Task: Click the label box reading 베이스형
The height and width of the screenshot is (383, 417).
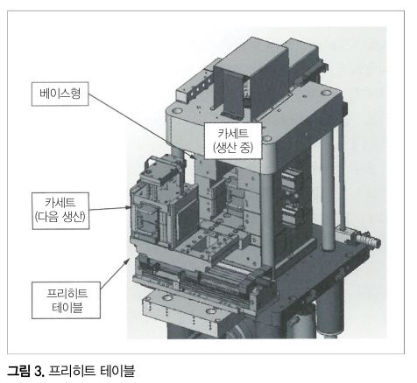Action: click(x=60, y=94)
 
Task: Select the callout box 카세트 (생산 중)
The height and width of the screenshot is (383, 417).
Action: click(x=233, y=141)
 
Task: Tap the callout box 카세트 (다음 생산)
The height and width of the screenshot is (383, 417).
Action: click(x=60, y=211)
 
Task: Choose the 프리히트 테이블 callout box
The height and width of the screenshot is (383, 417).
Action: click(x=67, y=300)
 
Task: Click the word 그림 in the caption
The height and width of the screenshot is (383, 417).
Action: click(x=18, y=371)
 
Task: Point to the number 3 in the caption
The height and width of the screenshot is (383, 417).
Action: click(x=39, y=372)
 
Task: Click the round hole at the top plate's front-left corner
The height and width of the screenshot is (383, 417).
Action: click(x=176, y=111)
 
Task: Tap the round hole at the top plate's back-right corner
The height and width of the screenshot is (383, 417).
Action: click(x=326, y=94)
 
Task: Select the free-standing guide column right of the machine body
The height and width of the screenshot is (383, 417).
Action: click(x=328, y=190)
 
